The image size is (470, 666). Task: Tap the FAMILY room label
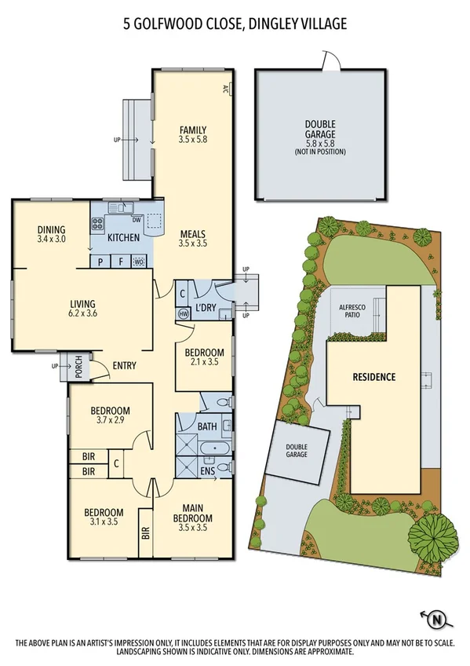pyautogui.click(x=192, y=130)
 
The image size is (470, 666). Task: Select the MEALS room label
pyautogui.click(x=192, y=233)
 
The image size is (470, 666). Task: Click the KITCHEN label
pyautogui.click(x=124, y=237)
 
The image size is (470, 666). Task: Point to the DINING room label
pyautogui.click(x=51, y=230)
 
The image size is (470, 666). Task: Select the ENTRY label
pyautogui.click(x=125, y=365)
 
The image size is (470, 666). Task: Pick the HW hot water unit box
pyautogui.click(x=184, y=313)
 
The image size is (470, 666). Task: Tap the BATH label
pyautogui.click(x=206, y=426)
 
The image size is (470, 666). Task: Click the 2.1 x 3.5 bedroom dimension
pyautogui.click(x=205, y=364)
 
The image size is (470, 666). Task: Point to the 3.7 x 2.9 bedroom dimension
pyautogui.click(x=109, y=422)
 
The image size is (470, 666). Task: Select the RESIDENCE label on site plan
pyautogui.click(x=373, y=377)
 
